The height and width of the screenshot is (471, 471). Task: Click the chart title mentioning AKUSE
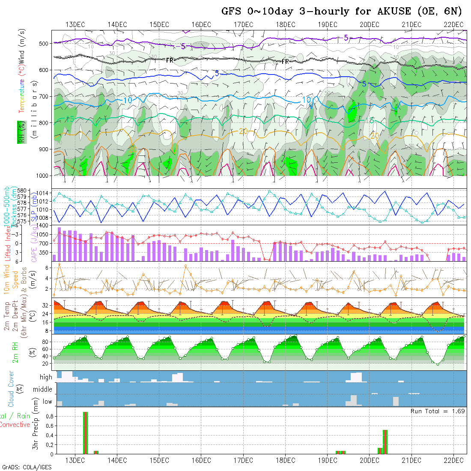click(342, 11)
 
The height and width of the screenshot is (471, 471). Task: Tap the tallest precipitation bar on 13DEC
click(85, 432)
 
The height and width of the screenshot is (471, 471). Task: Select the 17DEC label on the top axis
click(244, 24)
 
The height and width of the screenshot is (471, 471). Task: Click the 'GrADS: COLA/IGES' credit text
click(27, 467)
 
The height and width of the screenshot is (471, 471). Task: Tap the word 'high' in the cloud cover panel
click(46, 377)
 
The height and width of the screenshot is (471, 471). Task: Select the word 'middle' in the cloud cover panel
click(42, 390)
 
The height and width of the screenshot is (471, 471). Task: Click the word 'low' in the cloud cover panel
click(47, 402)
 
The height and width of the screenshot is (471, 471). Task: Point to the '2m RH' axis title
click(15, 353)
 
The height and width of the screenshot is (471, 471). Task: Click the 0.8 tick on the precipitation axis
click(49, 416)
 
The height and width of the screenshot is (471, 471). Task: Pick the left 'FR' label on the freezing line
click(170, 60)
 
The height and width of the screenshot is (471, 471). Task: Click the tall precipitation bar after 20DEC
click(385, 442)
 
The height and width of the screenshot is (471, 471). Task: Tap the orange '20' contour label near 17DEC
click(243, 131)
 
